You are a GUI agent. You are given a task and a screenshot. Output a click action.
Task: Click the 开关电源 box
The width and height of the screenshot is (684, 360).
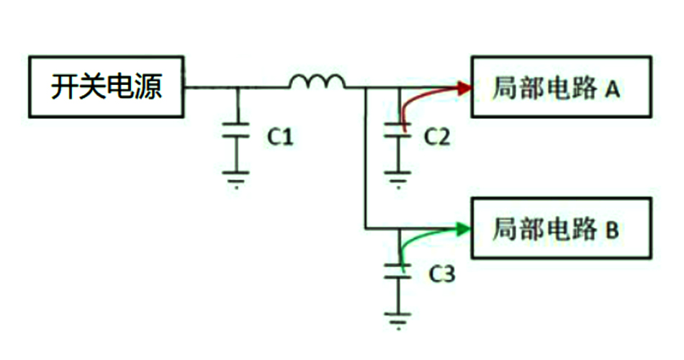coord(106,87)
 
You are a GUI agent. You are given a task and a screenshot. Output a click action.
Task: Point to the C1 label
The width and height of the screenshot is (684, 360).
coord(280,136)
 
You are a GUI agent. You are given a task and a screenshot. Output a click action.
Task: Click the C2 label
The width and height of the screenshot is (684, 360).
coord(437,136)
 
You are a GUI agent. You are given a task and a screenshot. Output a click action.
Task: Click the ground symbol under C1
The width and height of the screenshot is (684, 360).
coord(235,177)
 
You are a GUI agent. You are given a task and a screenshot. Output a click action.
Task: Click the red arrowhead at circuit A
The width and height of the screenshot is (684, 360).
coord(463,88)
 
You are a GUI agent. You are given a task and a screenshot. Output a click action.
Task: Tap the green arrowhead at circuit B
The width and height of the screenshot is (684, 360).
coord(463,229)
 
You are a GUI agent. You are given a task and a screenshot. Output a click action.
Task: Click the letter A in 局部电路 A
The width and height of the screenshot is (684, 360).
coord(612,89)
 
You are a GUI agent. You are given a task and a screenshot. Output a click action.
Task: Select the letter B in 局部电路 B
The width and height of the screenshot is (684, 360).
coord(612,230)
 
